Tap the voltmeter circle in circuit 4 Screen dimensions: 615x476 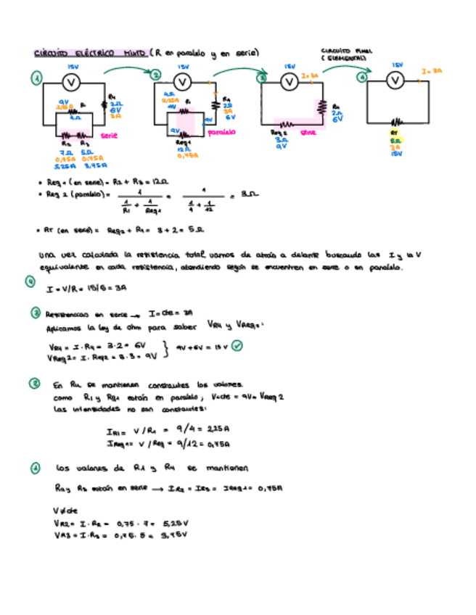coord(396,81)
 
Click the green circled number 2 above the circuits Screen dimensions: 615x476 coord(157,73)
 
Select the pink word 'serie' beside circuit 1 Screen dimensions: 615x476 coord(109,136)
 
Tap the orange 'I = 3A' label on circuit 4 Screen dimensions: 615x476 coord(432,72)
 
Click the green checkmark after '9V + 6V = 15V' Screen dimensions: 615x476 coord(237,346)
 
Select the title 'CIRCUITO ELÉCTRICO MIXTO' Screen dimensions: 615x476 coord(91,53)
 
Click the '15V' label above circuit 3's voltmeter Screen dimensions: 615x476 coord(290,66)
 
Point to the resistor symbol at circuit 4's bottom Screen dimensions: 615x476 coord(396,123)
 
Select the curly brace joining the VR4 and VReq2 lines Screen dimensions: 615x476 coord(168,350)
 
